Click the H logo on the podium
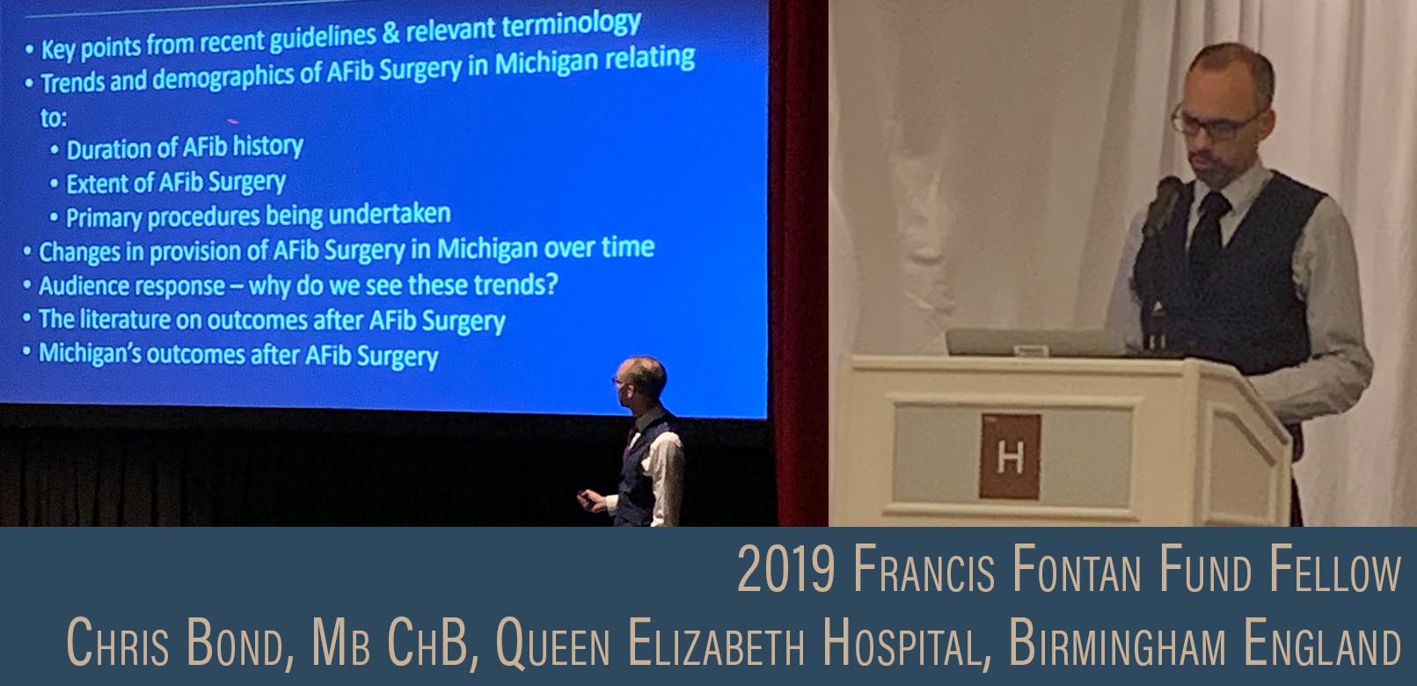coord(1010,456)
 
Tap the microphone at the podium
coord(1165,202)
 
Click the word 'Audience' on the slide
coord(84,286)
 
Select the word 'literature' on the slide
coord(123,319)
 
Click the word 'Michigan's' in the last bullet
coord(89,354)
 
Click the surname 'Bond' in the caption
coord(237,645)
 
